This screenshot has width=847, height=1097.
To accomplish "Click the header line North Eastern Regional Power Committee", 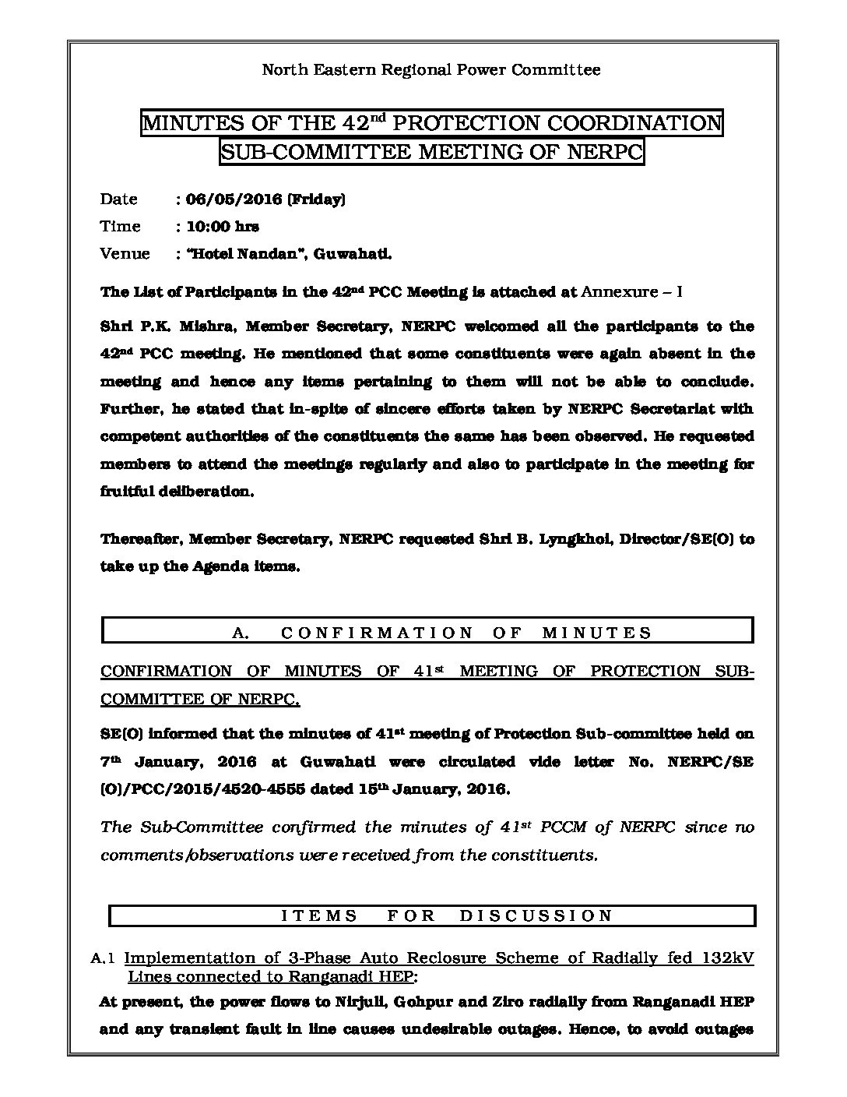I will (x=431, y=70).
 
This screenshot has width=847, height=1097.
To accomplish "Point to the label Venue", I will (x=125, y=254).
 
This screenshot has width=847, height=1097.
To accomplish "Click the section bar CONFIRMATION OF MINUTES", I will (x=427, y=633).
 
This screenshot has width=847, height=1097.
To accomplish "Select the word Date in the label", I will (x=118, y=199).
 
